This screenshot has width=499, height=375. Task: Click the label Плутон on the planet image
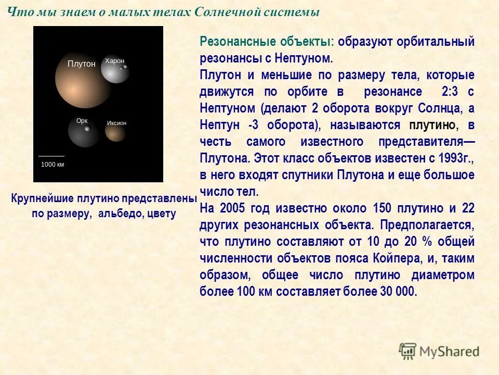[x=82, y=64]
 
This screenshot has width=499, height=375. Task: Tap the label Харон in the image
[x=115, y=61]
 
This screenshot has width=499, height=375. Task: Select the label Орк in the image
[x=82, y=121]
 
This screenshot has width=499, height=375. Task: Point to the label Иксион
[x=116, y=123]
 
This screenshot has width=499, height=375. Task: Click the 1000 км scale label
[x=52, y=164]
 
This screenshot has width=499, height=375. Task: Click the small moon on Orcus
[x=87, y=128]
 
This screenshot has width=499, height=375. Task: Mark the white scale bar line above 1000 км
[x=51, y=156]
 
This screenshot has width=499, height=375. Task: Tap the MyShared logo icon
[x=408, y=351]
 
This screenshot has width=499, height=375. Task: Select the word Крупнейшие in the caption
[x=42, y=199]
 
